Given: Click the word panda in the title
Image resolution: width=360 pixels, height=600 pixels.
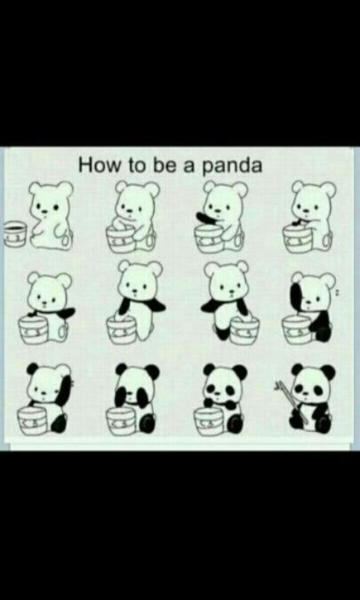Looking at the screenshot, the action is (232, 166).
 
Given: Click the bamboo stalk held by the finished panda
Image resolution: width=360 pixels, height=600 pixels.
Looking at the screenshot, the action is (294, 403).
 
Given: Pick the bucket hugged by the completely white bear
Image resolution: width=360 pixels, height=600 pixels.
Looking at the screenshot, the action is (121, 238).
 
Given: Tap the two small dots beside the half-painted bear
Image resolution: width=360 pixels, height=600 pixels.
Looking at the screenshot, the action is (337, 292).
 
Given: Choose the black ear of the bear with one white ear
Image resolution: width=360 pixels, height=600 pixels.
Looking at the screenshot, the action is (33, 369).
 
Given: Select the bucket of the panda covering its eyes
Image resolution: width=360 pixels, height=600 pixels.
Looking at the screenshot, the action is (121, 421).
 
